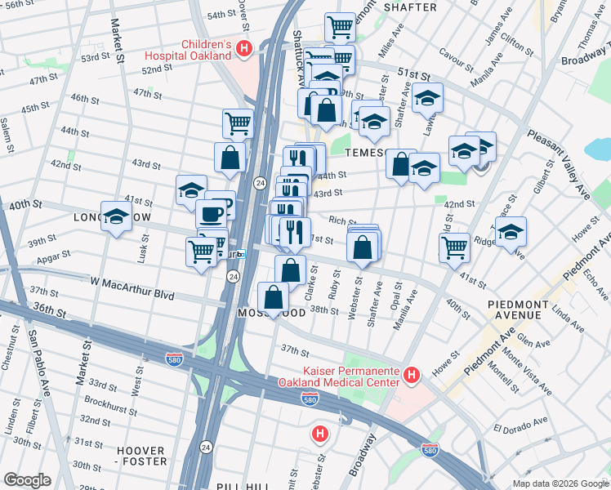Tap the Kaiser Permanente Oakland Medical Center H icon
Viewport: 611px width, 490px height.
click(412, 375)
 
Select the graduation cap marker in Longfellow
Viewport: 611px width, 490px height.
click(117, 217)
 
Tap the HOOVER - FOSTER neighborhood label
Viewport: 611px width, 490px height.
click(141, 456)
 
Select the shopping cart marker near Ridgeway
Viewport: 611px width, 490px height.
click(454, 247)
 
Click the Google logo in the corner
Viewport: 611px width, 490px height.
click(27, 480)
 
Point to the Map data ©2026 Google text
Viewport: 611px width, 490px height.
click(560, 483)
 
